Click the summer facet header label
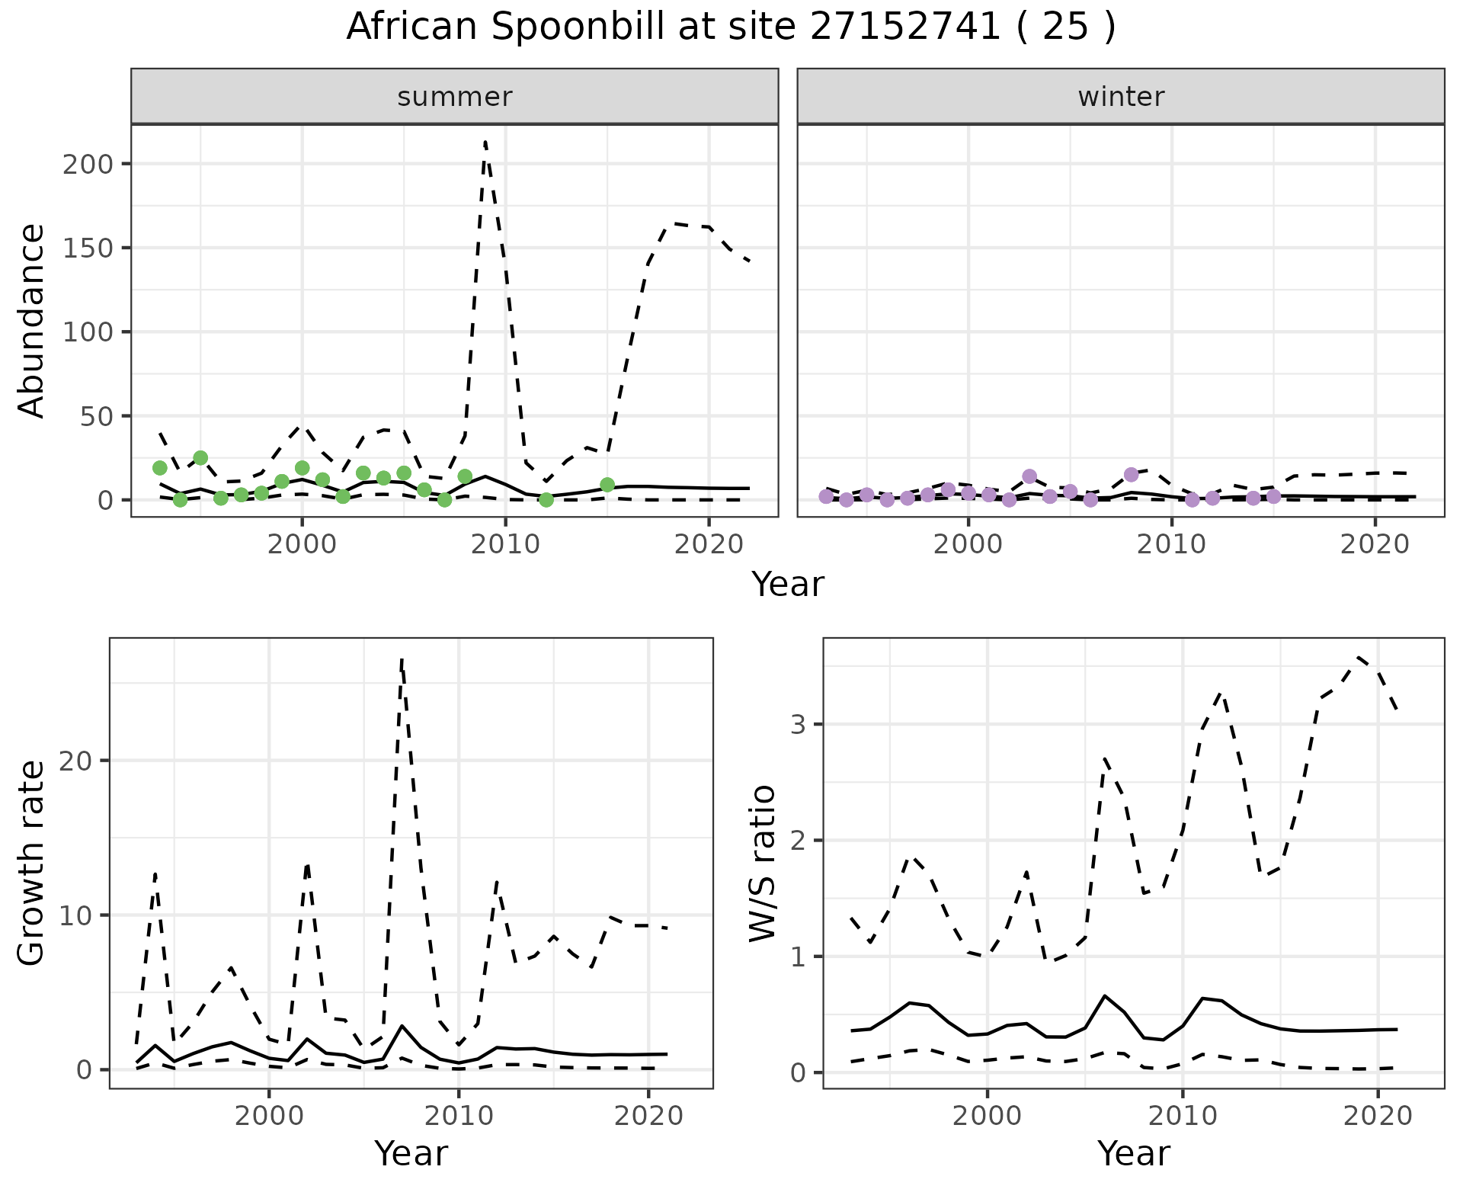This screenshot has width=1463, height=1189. point(455,97)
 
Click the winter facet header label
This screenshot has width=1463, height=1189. point(1121,97)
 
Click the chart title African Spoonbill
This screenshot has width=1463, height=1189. point(730,27)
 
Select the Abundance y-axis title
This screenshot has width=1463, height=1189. point(32,320)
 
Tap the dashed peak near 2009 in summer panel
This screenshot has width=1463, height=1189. point(485,143)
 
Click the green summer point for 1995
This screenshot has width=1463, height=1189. point(200,458)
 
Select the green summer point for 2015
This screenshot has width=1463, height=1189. point(607,485)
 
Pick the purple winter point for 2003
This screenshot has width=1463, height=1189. point(1029,476)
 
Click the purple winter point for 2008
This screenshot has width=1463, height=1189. point(1132,474)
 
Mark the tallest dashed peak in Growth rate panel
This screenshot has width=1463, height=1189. point(402,660)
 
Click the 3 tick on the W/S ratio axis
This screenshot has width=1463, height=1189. point(798,724)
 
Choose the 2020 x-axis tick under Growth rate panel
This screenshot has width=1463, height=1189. point(648,1117)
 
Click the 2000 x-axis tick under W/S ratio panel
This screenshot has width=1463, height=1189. point(988,1117)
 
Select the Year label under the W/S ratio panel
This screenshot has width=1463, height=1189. point(1133,1153)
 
